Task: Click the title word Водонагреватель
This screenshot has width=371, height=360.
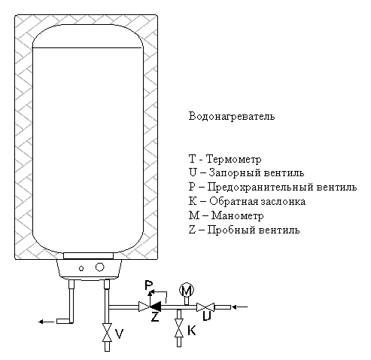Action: click(x=232, y=117)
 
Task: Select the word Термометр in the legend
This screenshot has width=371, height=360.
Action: click(x=234, y=160)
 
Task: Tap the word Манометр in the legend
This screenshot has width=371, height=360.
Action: click(x=237, y=216)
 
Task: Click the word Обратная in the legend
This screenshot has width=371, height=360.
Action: click(x=233, y=202)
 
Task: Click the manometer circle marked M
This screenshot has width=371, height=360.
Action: click(x=187, y=291)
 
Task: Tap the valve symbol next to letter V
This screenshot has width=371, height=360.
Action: click(x=107, y=332)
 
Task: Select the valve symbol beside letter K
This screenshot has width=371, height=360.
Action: click(x=179, y=328)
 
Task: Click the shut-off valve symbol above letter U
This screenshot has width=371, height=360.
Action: click(x=205, y=307)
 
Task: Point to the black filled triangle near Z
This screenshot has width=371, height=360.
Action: click(x=156, y=307)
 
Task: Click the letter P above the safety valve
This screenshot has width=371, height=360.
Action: click(x=149, y=285)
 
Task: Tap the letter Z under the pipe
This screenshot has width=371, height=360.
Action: click(x=155, y=317)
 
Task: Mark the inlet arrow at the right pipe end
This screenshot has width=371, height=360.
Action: click(x=240, y=307)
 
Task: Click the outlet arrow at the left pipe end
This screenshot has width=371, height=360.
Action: click(x=46, y=322)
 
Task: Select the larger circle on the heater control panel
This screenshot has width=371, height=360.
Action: click(x=100, y=267)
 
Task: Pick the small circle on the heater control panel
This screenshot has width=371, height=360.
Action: click(x=81, y=269)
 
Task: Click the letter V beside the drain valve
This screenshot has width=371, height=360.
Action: click(x=119, y=334)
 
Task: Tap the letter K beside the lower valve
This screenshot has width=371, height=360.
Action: click(x=192, y=330)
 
